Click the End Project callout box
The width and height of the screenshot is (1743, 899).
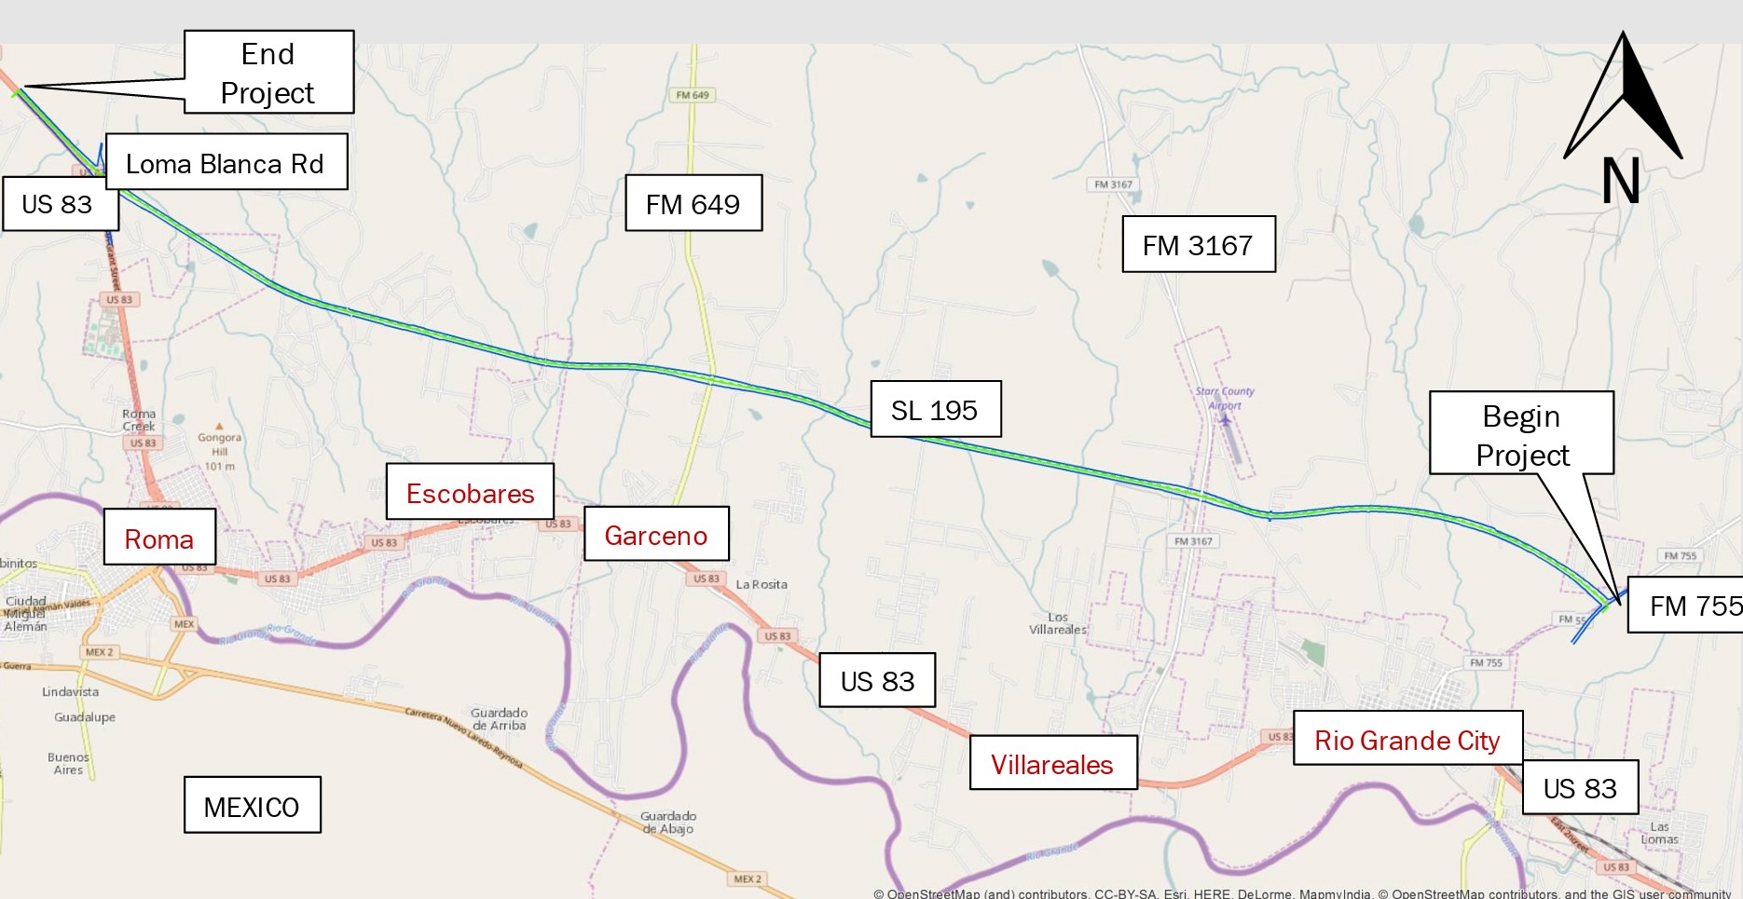click(x=268, y=73)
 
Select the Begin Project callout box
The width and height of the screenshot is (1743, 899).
click(x=1521, y=434)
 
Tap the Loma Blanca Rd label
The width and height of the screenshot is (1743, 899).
click(x=226, y=163)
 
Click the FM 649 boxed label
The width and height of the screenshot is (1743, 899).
click(x=693, y=203)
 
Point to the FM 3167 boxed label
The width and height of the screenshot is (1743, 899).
click(x=1198, y=245)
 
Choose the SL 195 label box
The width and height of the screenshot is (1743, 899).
click(x=935, y=410)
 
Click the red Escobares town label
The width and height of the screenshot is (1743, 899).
click(x=470, y=493)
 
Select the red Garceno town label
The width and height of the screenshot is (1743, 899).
click(x=655, y=535)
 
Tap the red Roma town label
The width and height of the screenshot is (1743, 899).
click(x=159, y=538)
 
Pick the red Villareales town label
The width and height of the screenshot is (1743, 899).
click(x=1052, y=764)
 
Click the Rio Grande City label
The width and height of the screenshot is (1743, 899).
click(x=1407, y=740)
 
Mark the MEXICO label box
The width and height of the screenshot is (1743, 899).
click(x=252, y=806)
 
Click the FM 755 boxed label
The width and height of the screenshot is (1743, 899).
click(x=1687, y=606)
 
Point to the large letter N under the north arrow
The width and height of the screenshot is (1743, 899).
click(x=1621, y=181)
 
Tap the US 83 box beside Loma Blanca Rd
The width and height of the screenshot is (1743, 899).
click(x=58, y=204)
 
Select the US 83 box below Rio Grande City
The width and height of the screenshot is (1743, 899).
click(x=1580, y=788)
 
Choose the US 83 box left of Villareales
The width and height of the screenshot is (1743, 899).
click(x=877, y=681)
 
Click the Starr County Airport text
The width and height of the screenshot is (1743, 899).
click(x=1224, y=398)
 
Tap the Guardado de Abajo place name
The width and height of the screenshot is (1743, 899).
click(x=667, y=822)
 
